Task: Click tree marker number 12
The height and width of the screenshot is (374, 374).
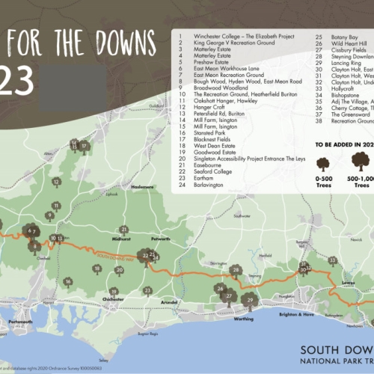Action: (x=56, y=182)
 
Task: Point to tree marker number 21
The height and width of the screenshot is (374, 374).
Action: (x=123, y=230)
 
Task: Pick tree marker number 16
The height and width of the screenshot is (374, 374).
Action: (x=67, y=281)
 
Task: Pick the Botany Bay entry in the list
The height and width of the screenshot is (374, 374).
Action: (x=331, y=34)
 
